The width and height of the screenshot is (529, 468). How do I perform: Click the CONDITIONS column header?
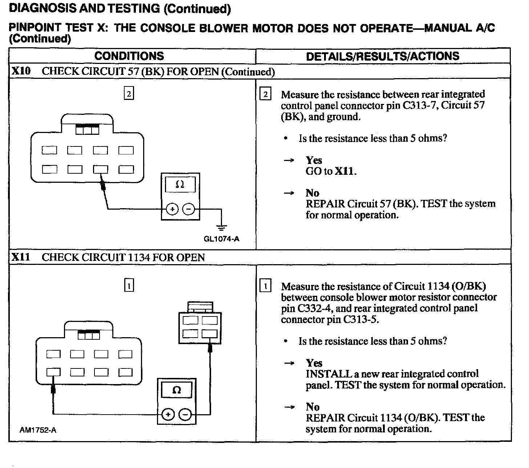point(129,56)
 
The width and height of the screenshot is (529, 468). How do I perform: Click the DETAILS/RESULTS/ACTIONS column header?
point(383,56)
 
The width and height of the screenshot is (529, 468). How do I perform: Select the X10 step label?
point(21,71)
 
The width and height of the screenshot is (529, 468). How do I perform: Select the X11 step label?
point(21,257)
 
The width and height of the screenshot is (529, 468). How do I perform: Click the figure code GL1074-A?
point(222,239)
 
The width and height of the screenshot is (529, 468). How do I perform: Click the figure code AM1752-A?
point(38,430)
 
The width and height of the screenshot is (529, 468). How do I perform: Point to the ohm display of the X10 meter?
point(180,185)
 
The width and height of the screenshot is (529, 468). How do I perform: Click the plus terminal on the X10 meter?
point(172,209)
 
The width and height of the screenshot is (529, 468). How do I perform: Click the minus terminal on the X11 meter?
point(185,414)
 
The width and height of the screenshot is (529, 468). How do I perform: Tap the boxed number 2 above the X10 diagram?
point(129,94)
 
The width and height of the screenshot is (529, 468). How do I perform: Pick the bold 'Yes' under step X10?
point(314,160)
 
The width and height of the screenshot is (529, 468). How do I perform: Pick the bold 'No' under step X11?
point(312,407)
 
